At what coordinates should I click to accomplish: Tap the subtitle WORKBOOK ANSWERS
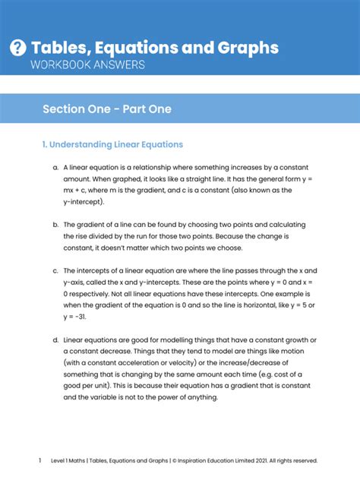87,65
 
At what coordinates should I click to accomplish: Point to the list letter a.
55,167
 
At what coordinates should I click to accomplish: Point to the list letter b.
55,225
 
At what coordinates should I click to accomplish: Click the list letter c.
55,270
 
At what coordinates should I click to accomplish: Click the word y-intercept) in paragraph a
84,202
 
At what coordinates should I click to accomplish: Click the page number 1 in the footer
39,460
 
